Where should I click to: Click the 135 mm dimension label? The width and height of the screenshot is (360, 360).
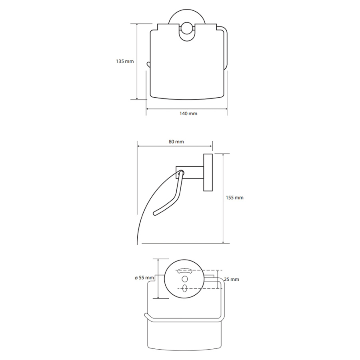coord(125,61)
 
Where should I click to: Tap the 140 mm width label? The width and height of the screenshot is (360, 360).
coord(188,114)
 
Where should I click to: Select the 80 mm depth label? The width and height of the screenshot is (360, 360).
coord(176,142)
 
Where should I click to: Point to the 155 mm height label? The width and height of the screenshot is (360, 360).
coord(234,198)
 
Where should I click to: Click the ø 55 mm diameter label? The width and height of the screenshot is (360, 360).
coord(144,278)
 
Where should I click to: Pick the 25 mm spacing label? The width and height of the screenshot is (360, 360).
coord(232,280)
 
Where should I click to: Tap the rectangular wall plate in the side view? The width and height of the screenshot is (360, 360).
coord(208,172)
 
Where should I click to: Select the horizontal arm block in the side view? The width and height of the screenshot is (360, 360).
coord(190,172)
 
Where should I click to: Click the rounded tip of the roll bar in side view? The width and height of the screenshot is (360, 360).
coord(154,214)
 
